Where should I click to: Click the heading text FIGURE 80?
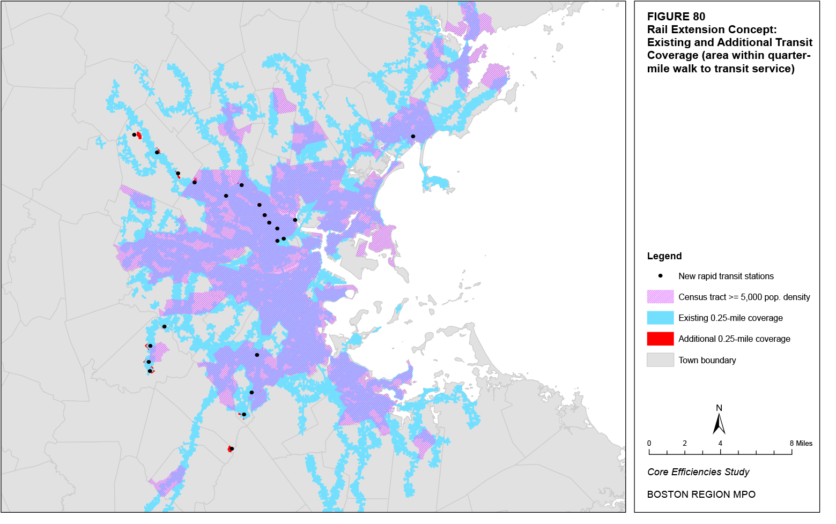pyautogui.click(x=676, y=17)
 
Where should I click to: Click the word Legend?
pyautogui.click(x=664, y=256)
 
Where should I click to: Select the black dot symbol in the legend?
pyautogui.click(x=661, y=276)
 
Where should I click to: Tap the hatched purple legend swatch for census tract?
pyautogui.click(x=660, y=297)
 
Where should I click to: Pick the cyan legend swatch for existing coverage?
pyautogui.click(x=660, y=318)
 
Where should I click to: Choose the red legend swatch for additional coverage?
pyautogui.click(x=660, y=339)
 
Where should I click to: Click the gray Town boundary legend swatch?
pyautogui.click(x=660, y=360)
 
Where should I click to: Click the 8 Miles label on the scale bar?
pyautogui.click(x=801, y=443)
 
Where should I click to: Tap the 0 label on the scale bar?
pyautogui.click(x=649, y=443)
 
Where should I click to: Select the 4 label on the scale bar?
pyautogui.click(x=720, y=443)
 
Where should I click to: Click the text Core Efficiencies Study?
pyautogui.click(x=698, y=472)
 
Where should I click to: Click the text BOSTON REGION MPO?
pyautogui.click(x=701, y=495)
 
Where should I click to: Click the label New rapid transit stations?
pyautogui.click(x=726, y=276)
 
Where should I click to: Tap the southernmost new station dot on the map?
pyautogui.click(x=232, y=449)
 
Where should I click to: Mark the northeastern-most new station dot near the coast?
pyautogui.click(x=413, y=137)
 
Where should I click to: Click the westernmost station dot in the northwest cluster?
pyautogui.click(x=134, y=134)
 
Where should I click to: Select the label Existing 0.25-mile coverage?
pyautogui.click(x=730, y=318)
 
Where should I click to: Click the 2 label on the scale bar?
pyautogui.click(x=685, y=443)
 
